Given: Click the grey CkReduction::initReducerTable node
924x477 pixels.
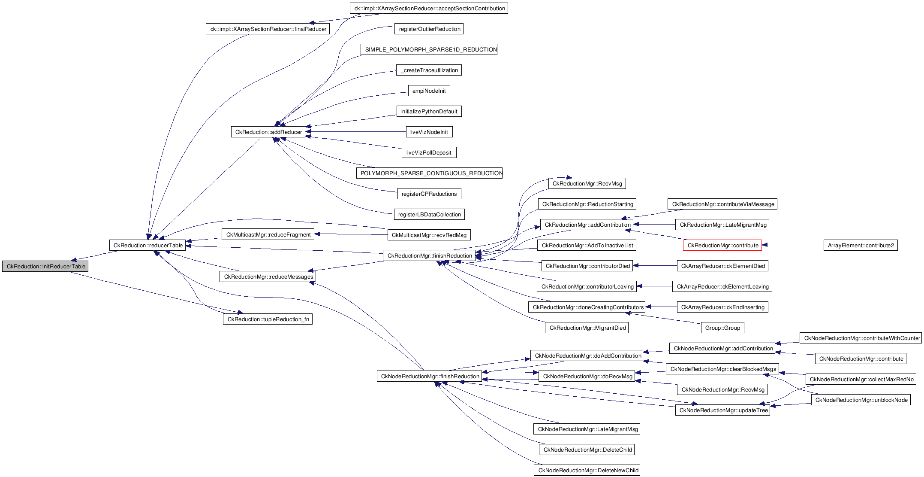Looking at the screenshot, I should click(x=45, y=267).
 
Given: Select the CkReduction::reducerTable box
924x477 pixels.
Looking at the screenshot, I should click(x=147, y=246).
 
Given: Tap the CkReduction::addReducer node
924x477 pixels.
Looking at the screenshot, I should click(x=268, y=132).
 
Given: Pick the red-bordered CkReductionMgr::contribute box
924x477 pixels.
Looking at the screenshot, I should click(x=722, y=246).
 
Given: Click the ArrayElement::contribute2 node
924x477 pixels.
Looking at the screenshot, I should click(x=860, y=246).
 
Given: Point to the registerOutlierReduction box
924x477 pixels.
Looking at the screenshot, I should click(x=429, y=29).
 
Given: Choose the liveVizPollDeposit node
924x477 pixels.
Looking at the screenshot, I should click(x=429, y=153).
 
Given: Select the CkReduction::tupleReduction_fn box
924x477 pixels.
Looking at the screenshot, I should click(x=268, y=319).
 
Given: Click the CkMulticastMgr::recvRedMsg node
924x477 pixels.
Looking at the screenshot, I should click(x=429, y=235).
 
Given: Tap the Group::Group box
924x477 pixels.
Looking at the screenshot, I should click(x=722, y=328).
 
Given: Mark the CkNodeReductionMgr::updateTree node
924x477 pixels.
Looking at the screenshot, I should click(x=723, y=410).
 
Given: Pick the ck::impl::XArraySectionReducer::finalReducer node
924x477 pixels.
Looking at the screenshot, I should click(x=268, y=29).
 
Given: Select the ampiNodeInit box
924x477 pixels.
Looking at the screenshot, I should click(x=429, y=91).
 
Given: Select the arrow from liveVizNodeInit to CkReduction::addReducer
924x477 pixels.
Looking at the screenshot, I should click(x=356, y=132).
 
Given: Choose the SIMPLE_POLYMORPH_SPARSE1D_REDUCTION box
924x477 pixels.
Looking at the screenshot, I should click(x=429, y=50).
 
